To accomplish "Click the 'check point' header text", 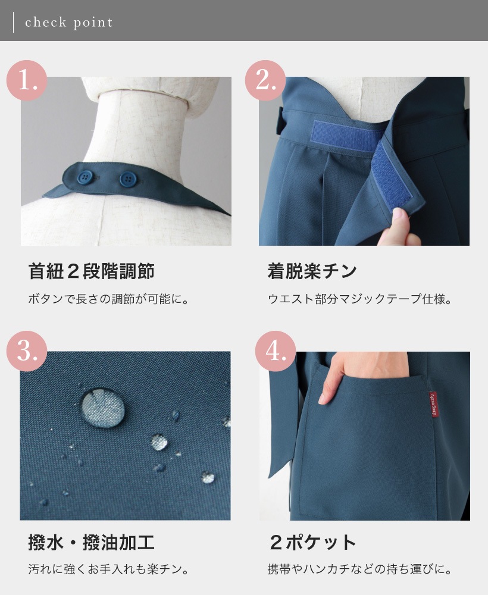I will pyautogui.click(x=69, y=23).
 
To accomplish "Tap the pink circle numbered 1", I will pyautogui.click(x=26, y=80).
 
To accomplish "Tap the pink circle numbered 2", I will pyautogui.click(x=265, y=80).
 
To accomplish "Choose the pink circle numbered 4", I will pyautogui.click(x=276, y=352).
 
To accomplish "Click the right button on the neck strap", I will pyautogui.click(x=127, y=178).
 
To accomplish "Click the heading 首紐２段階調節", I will pyautogui.click(x=91, y=271).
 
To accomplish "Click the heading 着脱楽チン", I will pyautogui.click(x=312, y=271).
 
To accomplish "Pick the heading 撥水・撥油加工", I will pyautogui.click(x=91, y=543).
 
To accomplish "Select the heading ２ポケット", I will pyautogui.click(x=312, y=543).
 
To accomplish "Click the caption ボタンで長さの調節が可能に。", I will pyautogui.click(x=109, y=299).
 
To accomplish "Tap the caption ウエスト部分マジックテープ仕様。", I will pyautogui.click(x=360, y=299).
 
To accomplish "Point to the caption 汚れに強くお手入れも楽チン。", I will pyautogui.click(x=109, y=569).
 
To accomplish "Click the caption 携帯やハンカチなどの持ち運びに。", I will pyautogui.click(x=360, y=569).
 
